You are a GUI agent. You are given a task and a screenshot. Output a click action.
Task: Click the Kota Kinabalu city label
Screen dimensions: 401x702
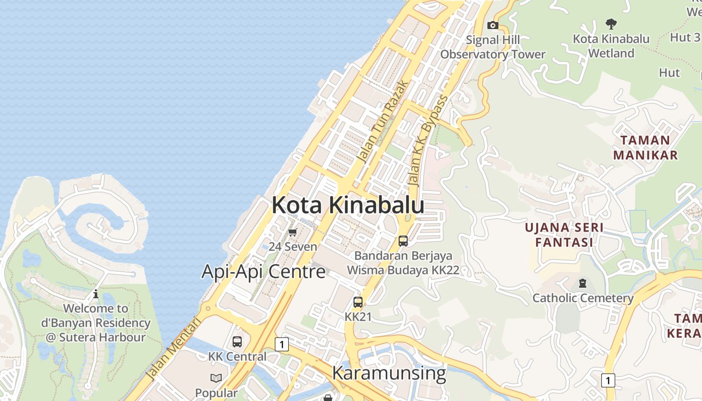pyautogui.click(x=348, y=206)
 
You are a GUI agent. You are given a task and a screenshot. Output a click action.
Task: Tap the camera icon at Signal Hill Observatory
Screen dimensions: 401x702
pyautogui.click(x=493, y=25)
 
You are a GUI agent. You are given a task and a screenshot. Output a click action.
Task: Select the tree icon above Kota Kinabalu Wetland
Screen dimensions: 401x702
pyautogui.click(x=611, y=23)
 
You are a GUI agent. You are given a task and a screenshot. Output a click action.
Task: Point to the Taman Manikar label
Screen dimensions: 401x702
pyautogui.click(x=645, y=147)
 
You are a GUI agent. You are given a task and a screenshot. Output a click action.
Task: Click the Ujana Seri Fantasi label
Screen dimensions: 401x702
pyautogui.click(x=564, y=235)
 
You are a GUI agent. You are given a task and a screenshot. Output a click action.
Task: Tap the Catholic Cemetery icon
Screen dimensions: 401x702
pyautogui.click(x=582, y=283)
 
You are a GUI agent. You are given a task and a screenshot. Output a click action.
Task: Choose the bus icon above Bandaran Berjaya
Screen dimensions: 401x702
pyautogui.click(x=403, y=241)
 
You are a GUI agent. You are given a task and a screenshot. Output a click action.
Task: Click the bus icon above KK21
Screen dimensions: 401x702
pyautogui.click(x=358, y=302)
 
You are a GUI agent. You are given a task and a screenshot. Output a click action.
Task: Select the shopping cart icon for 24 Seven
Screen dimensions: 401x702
pyautogui.click(x=293, y=232)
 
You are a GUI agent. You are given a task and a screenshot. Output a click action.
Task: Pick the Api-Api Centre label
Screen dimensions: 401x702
pyautogui.click(x=264, y=272)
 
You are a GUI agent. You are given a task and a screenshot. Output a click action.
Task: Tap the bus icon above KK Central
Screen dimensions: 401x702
pyautogui.click(x=237, y=342)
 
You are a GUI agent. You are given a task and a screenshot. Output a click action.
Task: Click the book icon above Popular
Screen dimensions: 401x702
pyautogui.click(x=216, y=378)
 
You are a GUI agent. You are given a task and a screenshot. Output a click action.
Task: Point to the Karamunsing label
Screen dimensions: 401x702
pyautogui.click(x=389, y=373)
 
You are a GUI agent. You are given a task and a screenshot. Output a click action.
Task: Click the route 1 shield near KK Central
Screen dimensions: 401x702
pyautogui.click(x=282, y=344)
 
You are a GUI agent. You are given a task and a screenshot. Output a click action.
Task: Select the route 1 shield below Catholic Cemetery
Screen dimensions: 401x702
pyautogui.click(x=608, y=380)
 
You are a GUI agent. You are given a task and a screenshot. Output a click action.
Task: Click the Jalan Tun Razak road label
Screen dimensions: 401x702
pyautogui.click(x=382, y=121)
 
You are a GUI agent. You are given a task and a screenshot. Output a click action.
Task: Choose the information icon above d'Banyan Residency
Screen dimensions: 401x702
pyautogui.click(x=96, y=294)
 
